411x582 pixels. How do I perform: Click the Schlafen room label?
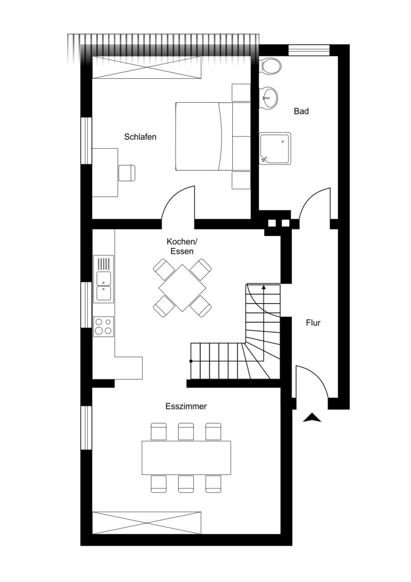(140, 137)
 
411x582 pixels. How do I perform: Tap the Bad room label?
(301, 111)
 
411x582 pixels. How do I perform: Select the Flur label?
(313, 323)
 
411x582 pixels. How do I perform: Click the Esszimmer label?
(186, 406)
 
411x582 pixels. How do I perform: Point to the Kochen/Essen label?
(182, 246)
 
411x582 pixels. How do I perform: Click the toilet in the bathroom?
(271, 66)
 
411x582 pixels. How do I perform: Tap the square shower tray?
(275, 148)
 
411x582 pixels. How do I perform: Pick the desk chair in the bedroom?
(127, 173)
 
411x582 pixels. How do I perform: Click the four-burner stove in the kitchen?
(103, 327)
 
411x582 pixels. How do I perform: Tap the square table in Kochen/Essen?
(182, 288)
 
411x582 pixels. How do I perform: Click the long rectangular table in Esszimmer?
(186, 458)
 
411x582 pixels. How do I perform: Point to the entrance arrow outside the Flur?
(312, 418)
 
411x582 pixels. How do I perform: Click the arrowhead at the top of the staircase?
(264, 287)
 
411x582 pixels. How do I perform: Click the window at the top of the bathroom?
(309, 50)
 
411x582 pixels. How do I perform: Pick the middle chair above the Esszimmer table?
(186, 432)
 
